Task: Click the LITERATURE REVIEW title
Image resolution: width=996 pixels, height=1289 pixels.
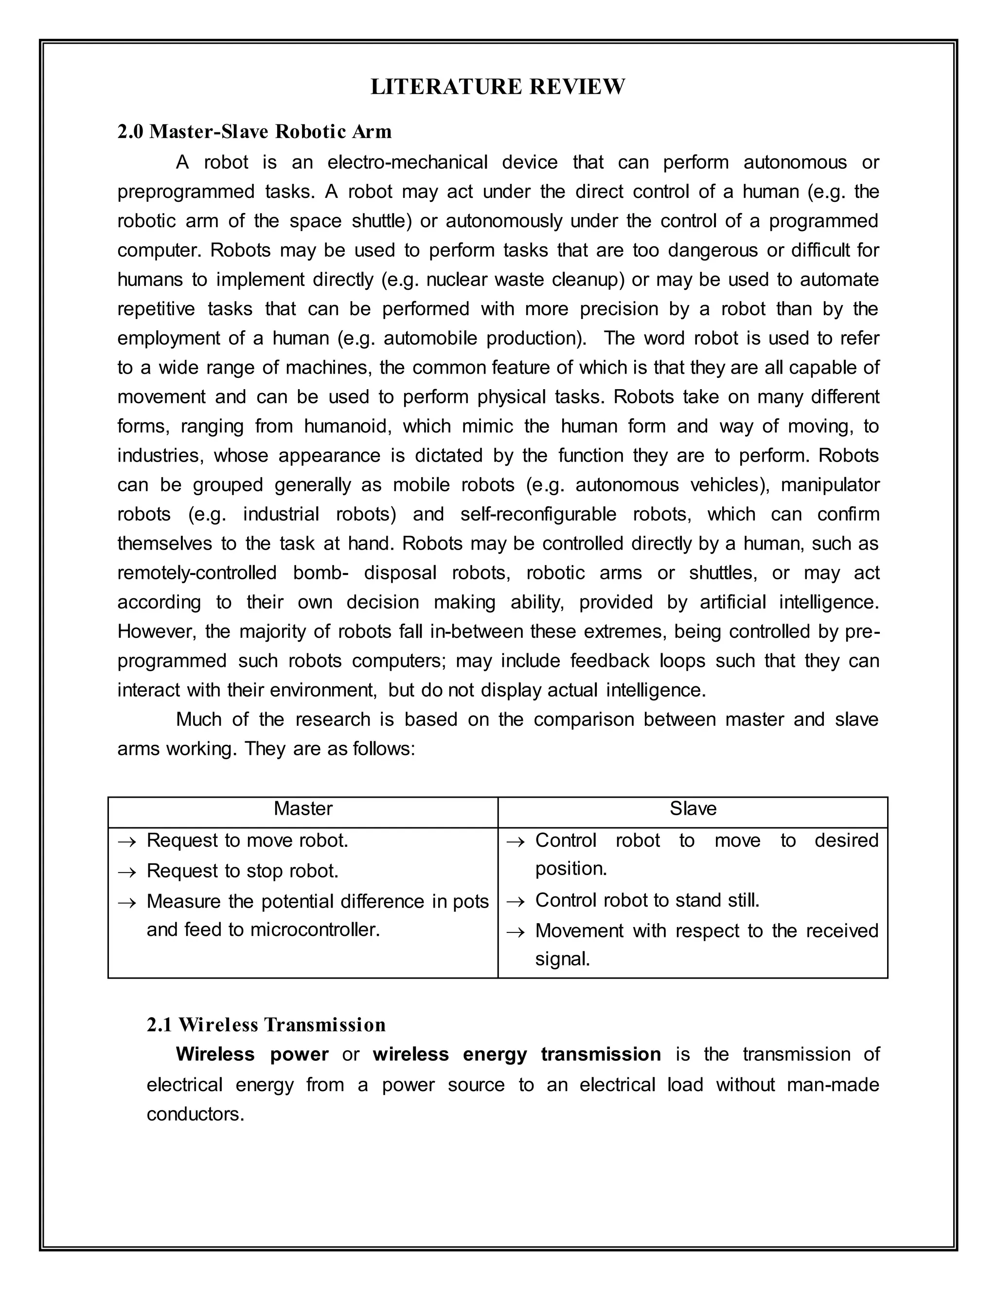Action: (x=498, y=87)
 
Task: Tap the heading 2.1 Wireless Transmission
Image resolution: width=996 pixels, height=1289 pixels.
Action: (x=266, y=1024)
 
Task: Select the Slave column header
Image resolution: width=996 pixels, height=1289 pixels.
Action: (x=693, y=808)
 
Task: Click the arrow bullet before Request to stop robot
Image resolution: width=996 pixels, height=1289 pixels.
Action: (x=127, y=872)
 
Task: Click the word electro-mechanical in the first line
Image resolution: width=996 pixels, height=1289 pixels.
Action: (x=407, y=162)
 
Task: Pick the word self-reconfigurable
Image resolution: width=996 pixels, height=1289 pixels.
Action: (x=538, y=514)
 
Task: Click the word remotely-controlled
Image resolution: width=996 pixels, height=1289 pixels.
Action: (x=196, y=573)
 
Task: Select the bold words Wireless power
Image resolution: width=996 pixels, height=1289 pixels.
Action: (x=252, y=1054)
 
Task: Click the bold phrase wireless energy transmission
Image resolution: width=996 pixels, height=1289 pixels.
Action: (x=516, y=1054)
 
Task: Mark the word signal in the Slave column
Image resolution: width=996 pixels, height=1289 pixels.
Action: (x=562, y=959)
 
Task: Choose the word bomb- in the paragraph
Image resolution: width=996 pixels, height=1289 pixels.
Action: (x=321, y=573)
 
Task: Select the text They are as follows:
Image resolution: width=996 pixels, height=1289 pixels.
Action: (x=330, y=749)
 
